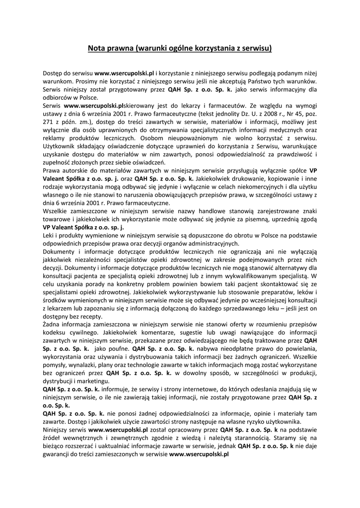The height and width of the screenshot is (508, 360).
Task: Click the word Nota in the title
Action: (96, 49)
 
